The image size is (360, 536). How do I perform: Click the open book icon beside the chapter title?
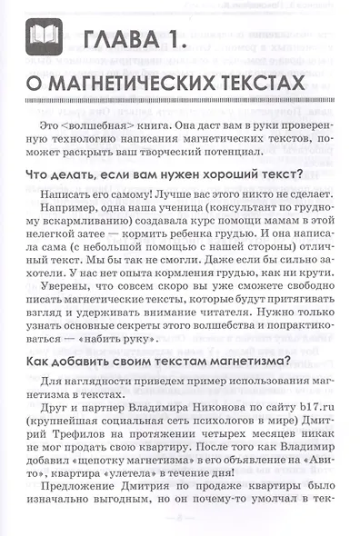(x=46, y=38)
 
